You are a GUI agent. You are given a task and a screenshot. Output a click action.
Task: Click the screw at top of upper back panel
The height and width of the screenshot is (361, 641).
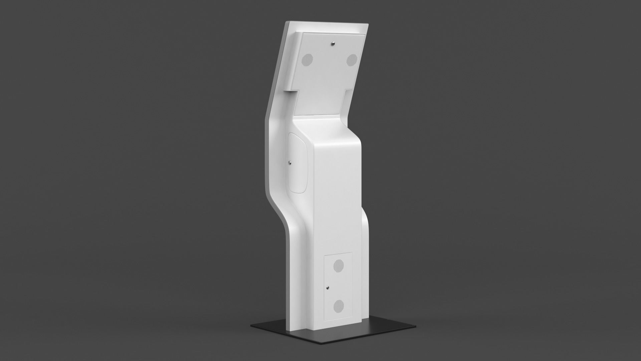coord(333,43)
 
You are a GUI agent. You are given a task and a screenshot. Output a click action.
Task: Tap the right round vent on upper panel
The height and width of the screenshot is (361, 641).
coord(352,60)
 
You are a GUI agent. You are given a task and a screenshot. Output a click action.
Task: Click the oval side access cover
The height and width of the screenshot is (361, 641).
coord(298,162)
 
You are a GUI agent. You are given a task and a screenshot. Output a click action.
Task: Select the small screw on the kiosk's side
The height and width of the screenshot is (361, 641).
coord(290,163)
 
